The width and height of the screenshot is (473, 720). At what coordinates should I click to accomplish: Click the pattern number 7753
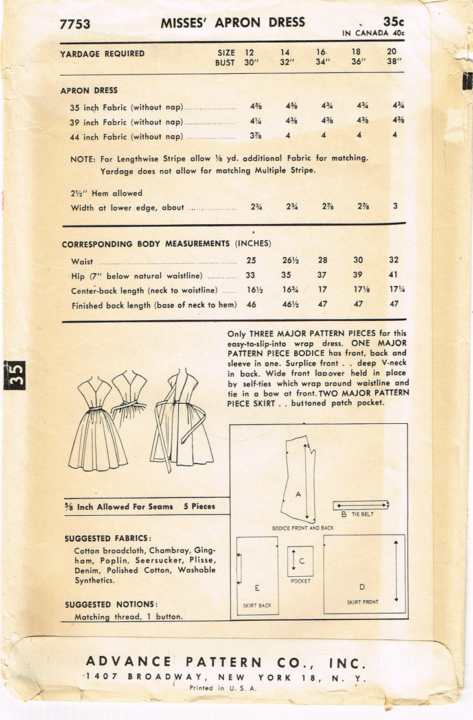(x=75, y=25)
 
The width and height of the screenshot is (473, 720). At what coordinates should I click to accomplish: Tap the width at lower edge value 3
(x=395, y=207)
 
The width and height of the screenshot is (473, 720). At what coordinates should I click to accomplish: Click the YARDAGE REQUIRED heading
(x=102, y=54)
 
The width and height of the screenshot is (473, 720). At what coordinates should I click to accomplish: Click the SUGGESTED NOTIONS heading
(x=111, y=605)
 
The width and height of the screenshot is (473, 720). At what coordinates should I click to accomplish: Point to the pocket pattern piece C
(x=300, y=561)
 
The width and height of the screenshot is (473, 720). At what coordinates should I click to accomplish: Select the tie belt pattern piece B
(x=361, y=505)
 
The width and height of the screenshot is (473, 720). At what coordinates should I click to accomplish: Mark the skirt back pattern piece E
(x=257, y=575)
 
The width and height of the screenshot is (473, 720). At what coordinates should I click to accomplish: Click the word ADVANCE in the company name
(x=129, y=662)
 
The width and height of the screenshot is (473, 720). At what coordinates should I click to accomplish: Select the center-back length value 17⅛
(x=358, y=290)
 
